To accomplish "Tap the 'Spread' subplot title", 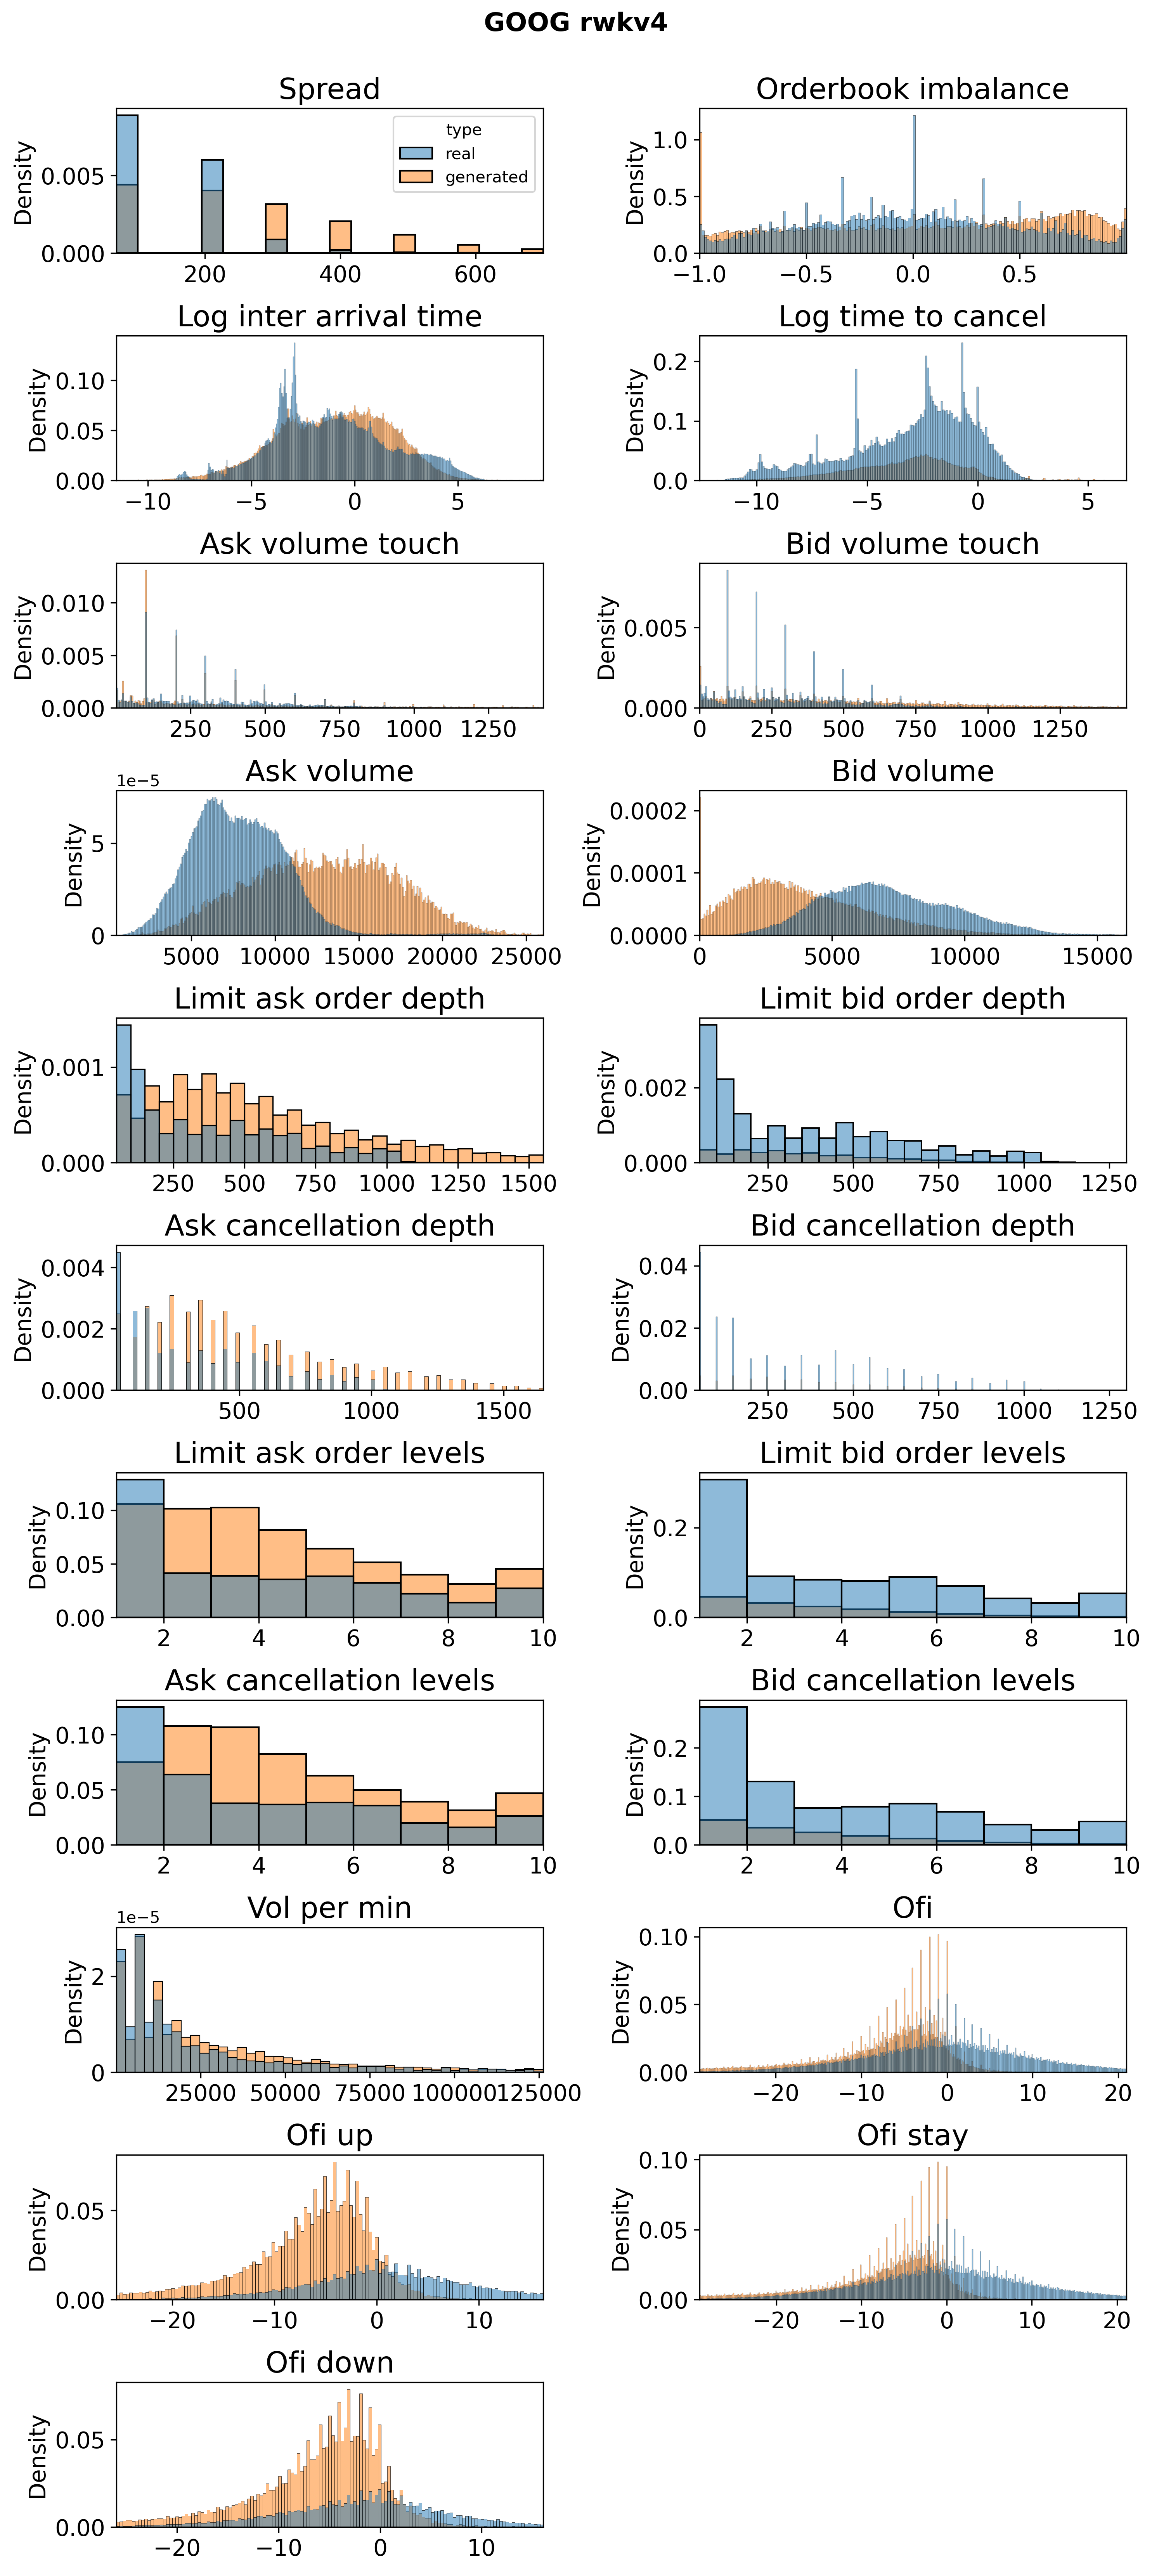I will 329,89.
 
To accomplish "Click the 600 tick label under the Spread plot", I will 475,275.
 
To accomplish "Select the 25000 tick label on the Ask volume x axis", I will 526,957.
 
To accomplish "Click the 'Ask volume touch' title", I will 329,544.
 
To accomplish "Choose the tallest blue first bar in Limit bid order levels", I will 723,1548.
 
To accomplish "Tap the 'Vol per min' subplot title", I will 329,1908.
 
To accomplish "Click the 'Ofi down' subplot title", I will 329,2362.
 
